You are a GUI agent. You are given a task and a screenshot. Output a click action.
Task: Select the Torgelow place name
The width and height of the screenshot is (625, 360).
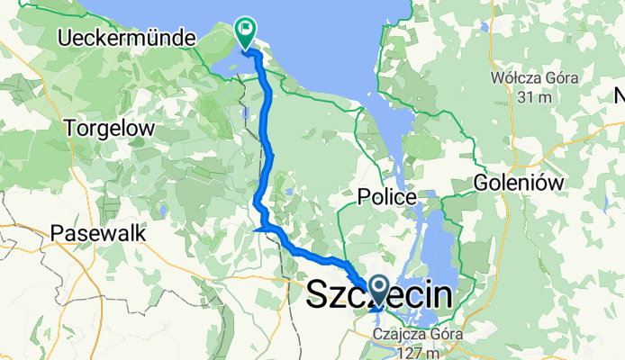coord(110,129)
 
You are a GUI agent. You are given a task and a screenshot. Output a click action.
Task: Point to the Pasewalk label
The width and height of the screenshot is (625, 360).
coord(99,232)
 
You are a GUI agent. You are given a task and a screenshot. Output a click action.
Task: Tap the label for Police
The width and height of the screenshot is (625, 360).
coord(386,196)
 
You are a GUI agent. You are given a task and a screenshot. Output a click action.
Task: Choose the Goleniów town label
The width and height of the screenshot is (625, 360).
coord(519,183)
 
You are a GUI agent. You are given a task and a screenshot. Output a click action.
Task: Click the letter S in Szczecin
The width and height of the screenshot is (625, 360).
coord(319,294)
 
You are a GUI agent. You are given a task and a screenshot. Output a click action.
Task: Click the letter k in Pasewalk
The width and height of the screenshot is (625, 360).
coord(140,232)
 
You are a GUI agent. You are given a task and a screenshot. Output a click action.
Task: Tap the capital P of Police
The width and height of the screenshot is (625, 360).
coord(363,196)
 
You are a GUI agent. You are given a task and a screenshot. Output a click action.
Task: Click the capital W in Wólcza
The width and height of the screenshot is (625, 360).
coord(498,77)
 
